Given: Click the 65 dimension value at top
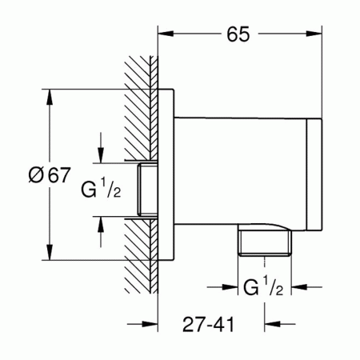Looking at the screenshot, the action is (238, 34).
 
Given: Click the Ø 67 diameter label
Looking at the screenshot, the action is (50, 175).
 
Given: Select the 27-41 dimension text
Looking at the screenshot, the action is (208, 325).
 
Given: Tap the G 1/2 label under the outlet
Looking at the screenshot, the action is (263, 286).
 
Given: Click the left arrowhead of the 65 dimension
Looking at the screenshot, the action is (166, 34).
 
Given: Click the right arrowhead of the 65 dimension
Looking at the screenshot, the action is (314, 34).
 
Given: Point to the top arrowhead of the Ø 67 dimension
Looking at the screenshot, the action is (50, 97).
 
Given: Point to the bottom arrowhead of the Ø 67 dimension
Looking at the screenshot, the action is (50, 252).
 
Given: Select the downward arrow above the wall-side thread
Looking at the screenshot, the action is (101, 147).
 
